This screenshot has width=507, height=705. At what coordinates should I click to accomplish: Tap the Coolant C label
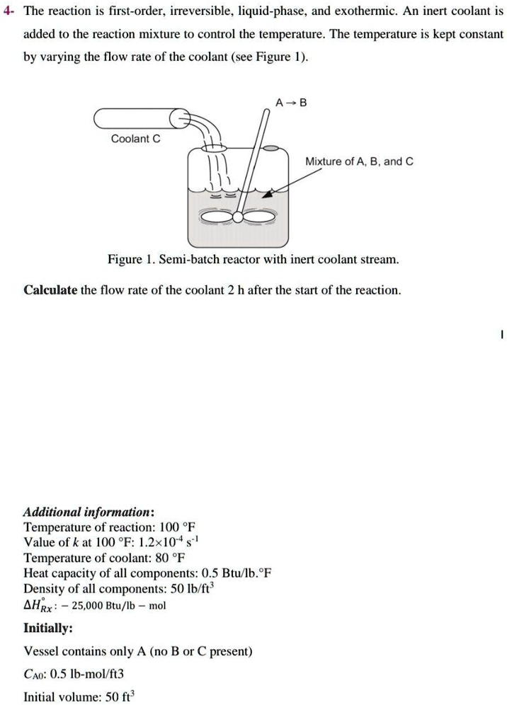click(x=136, y=139)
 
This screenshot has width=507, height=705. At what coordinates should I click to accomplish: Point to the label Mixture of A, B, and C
click(x=359, y=162)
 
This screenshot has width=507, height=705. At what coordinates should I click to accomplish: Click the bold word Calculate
click(x=50, y=290)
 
